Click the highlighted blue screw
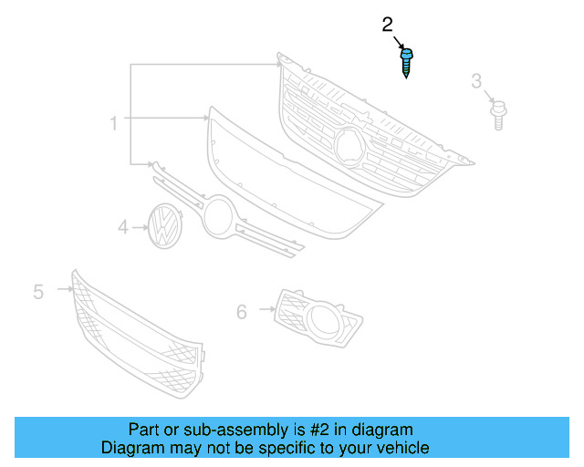pyautogui.click(x=405, y=62)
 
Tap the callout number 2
pyautogui.click(x=387, y=25)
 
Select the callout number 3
pyautogui.click(x=476, y=82)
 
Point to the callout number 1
pyautogui.click(x=114, y=123)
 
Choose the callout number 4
pyautogui.click(x=123, y=226)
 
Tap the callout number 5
pyautogui.click(x=38, y=292)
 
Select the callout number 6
pyautogui.click(x=242, y=312)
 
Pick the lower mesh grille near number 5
pyautogui.click(x=137, y=333)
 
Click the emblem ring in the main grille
pyautogui.click(x=349, y=146)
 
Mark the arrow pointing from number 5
pyautogui.click(x=64, y=289)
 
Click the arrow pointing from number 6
pyautogui.click(x=266, y=310)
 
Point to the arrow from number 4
pyautogui.click(x=141, y=226)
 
